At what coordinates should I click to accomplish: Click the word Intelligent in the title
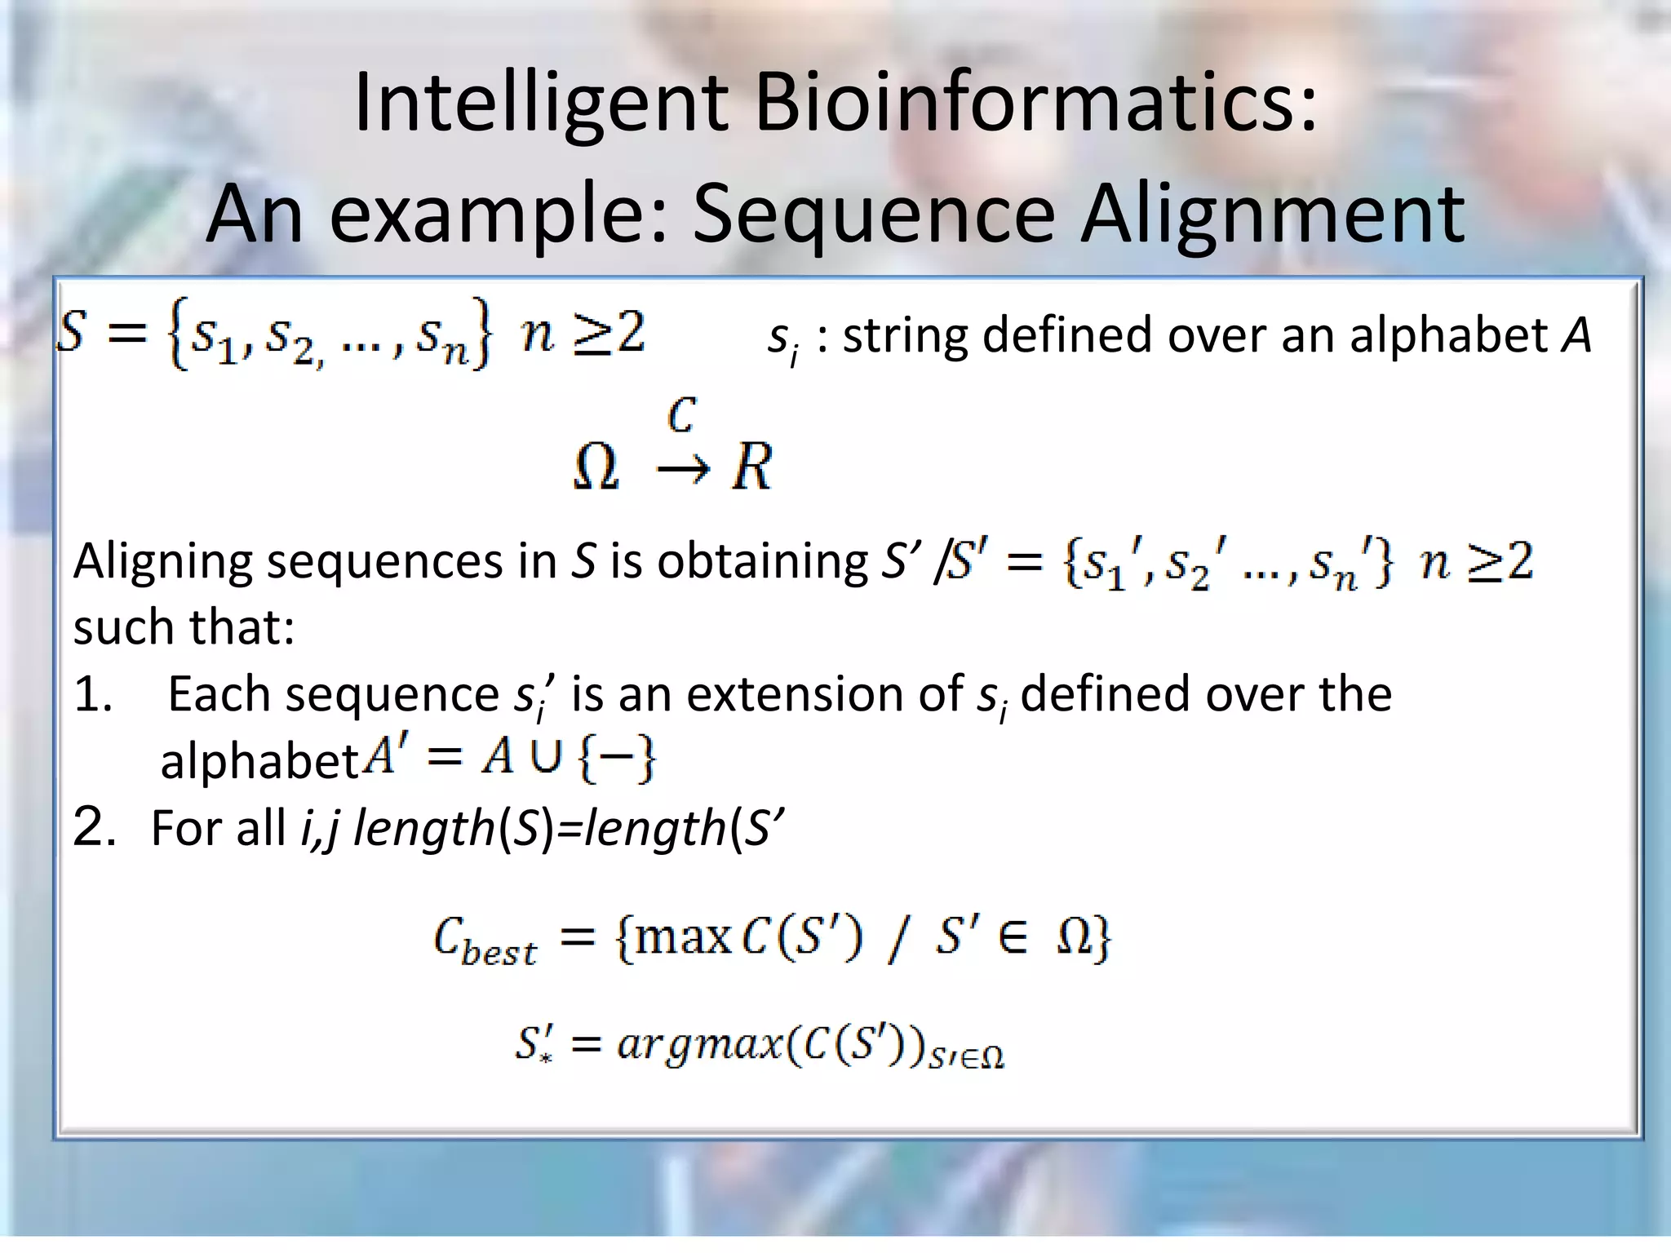(x=541, y=104)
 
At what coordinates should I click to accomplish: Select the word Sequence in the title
(x=874, y=215)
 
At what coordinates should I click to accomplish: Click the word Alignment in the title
(x=1273, y=215)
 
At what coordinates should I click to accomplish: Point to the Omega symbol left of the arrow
(x=596, y=469)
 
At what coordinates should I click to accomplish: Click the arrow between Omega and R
(x=683, y=471)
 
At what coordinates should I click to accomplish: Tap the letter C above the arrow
(x=681, y=415)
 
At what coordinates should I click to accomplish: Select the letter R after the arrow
(x=751, y=468)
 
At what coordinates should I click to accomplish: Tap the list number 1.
(x=92, y=695)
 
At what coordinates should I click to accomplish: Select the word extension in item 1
(x=825, y=695)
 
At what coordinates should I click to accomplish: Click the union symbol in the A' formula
(x=546, y=758)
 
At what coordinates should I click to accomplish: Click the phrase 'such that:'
(x=184, y=627)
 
